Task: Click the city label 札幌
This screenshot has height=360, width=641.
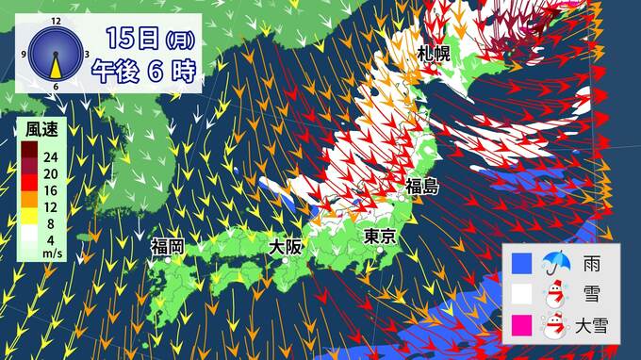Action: tap(436, 55)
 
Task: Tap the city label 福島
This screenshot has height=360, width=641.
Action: tap(422, 187)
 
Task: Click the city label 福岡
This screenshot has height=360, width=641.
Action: tap(167, 247)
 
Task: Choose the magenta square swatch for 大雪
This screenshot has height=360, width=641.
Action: tap(522, 326)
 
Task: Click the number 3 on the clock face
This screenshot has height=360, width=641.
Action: tap(87, 53)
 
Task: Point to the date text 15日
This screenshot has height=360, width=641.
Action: tap(131, 39)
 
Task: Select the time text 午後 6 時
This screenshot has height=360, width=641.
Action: tap(143, 73)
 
